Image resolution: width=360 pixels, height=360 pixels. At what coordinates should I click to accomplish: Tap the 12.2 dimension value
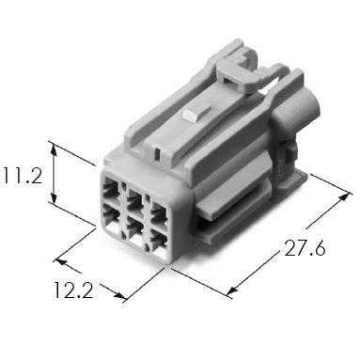pos(74,290)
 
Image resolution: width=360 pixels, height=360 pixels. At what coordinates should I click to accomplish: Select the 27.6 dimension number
pos(305,248)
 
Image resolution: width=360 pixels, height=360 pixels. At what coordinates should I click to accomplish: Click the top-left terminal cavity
pos(111,189)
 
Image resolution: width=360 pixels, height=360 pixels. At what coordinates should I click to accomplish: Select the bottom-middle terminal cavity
pos(136,232)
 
